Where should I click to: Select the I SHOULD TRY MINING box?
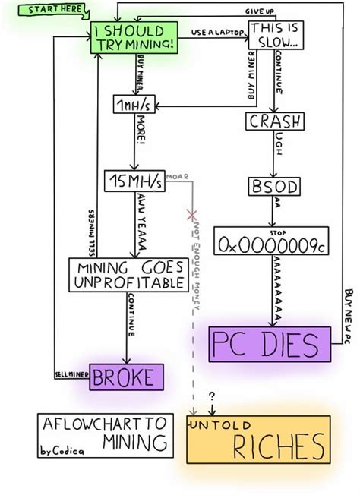click(134, 38)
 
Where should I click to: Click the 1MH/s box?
click(134, 104)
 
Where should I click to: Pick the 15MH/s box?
click(134, 181)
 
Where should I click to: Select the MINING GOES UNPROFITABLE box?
click(128, 275)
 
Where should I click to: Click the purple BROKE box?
click(127, 376)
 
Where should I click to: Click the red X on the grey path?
click(192, 216)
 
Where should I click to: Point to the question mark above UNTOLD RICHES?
click(212, 396)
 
